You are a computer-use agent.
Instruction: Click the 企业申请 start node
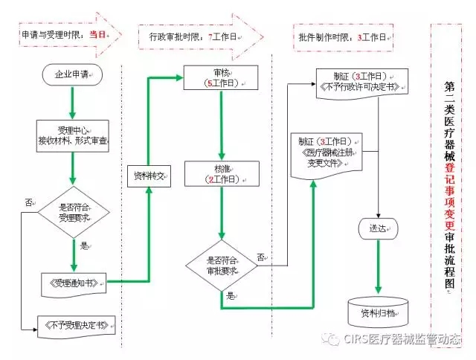tap(72, 75)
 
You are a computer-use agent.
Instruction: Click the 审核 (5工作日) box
tap(222, 78)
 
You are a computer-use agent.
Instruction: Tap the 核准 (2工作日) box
tap(222, 175)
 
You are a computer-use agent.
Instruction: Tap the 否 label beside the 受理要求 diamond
tap(29, 202)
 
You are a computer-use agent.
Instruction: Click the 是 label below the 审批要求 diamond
tap(230, 295)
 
